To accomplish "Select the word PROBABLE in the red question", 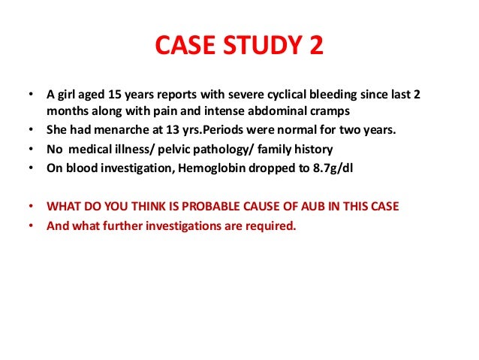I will pos(202,205).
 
